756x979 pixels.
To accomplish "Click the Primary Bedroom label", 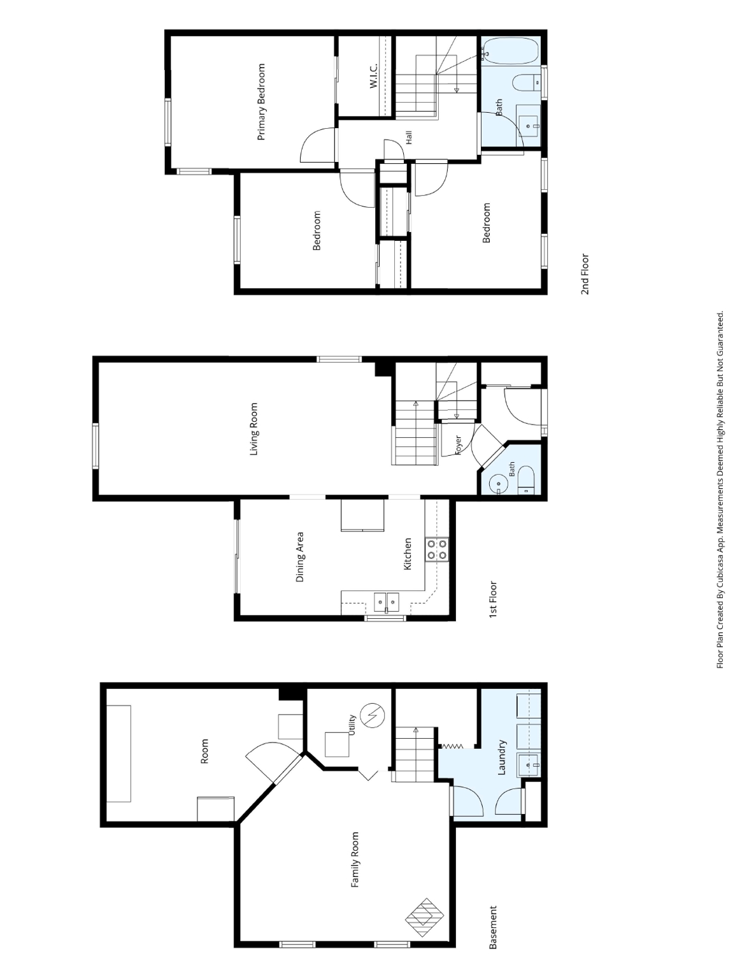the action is [261, 102].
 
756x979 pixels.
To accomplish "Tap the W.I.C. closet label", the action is [373, 76].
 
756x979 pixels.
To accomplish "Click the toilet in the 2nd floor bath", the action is [527, 82].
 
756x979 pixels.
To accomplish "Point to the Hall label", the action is [409, 138].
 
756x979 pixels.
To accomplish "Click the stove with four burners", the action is [437, 549].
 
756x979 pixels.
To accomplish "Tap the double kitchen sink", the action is [387, 601].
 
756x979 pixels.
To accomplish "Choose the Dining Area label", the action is [300, 557].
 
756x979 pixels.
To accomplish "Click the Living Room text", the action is [253, 429].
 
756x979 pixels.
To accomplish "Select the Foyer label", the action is [458, 445].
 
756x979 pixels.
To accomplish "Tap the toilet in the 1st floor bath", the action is [526, 481].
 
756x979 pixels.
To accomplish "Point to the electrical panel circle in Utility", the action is [373, 715].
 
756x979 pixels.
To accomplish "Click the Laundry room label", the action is [502, 757].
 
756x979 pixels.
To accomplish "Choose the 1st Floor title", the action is [493, 599].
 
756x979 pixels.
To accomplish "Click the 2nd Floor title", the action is [585, 274].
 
